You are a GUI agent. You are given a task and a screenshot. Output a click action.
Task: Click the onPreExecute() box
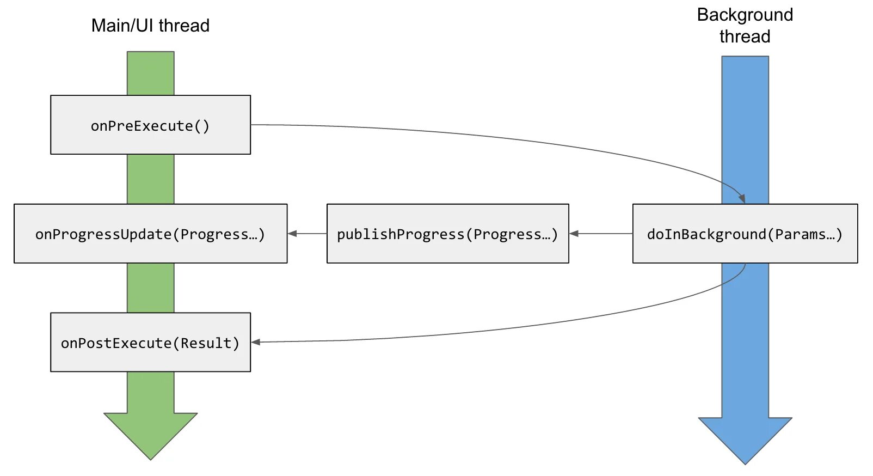[x=150, y=125]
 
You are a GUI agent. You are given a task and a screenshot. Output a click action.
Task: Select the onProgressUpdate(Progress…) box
[x=150, y=234]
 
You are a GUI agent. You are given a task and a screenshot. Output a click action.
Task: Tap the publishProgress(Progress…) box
[x=447, y=234]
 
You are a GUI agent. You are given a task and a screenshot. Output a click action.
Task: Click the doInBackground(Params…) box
[x=745, y=234]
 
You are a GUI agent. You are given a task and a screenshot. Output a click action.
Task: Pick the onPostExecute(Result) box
[x=150, y=343]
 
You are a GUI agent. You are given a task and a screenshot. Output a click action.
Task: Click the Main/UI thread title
[x=150, y=26]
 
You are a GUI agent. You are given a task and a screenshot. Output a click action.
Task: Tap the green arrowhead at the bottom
[x=150, y=433]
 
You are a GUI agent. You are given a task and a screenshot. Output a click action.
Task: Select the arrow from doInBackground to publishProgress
[x=601, y=234]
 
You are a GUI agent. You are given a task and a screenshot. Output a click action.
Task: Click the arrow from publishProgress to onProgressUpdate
[x=307, y=234]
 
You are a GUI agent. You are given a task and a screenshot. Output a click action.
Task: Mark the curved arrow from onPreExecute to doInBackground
[x=490, y=137]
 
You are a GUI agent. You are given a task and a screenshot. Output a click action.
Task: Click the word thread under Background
[x=745, y=36]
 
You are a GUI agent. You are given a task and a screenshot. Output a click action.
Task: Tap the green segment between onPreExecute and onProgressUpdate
[x=150, y=179]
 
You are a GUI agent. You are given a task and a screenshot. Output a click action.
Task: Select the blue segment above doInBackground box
[x=745, y=131]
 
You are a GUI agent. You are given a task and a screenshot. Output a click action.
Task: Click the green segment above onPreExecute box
[x=150, y=74]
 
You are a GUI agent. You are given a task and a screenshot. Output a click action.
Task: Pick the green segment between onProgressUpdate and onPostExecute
[x=150, y=288]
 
